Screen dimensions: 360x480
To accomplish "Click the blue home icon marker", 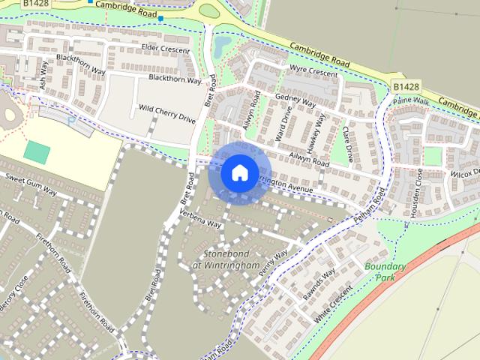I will (238, 172).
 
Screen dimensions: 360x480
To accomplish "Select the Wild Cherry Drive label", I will (166, 113).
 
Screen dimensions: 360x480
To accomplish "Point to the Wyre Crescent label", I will (313, 72).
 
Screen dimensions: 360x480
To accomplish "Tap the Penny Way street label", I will (274, 266).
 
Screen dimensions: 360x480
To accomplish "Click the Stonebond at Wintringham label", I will (226, 259).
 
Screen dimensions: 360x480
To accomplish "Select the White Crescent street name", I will (333, 304).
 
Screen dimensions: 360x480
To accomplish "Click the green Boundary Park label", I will (385, 271).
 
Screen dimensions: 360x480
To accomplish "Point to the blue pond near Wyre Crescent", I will (223, 49).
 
